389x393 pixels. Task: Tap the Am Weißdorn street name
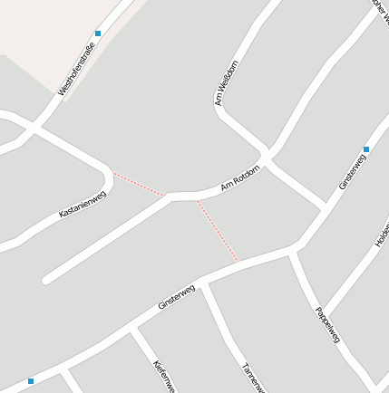click(x=227, y=83)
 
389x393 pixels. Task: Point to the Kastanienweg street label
click(x=83, y=203)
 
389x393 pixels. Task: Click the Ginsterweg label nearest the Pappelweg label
click(x=353, y=171)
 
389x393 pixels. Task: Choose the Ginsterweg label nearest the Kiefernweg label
click(x=177, y=298)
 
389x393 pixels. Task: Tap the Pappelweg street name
click(x=327, y=324)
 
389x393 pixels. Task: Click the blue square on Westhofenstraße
click(x=98, y=34)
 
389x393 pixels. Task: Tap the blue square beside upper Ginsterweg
click(x=366, y=149)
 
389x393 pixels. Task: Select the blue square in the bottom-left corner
click(x=31, y=381)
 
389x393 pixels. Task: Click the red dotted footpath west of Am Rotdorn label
click(x=138, y=182)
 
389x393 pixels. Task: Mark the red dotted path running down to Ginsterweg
click(x=218, y=231)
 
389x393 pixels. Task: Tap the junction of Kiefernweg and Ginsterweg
click(x=134, y=331)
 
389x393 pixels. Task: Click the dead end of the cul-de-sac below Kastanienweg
click(x=45, y=280)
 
